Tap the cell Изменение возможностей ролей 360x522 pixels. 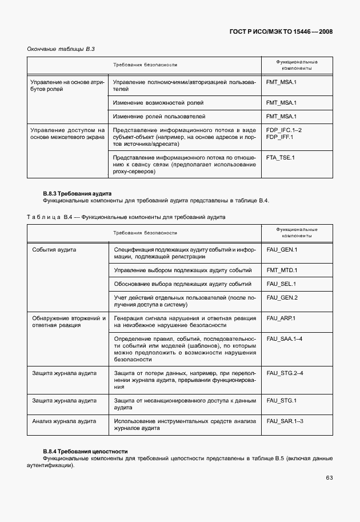pyautogui.click(x=158, y=103)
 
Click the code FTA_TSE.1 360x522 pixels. pyautogui.click(x=280, y=157)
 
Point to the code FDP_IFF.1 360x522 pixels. pyautogui.click(x=279, y=137)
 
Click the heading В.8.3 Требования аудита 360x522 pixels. pyautogui.click(x=77, y=194)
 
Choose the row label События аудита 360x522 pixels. pyautogui.click(x=54, y=250)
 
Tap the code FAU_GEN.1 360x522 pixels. pyautogui.click(x=282, y=250)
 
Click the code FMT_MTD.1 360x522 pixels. pyautogui.click(x=282, y=270)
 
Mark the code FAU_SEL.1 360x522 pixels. pyautogui.click(x=281, y=284)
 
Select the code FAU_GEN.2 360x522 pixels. pyautogui.click(x=282, y=298)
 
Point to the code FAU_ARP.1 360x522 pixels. pyautogui.click(x=281, y=318)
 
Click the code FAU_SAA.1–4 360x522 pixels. pyautogui.click(x=284, y=339)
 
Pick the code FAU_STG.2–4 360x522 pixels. pyautogui.click(x=285, y=373)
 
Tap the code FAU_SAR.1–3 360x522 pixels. pyautogui.click(x=285, y=421)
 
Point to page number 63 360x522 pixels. pyautogui.click(x=329, y=478)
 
